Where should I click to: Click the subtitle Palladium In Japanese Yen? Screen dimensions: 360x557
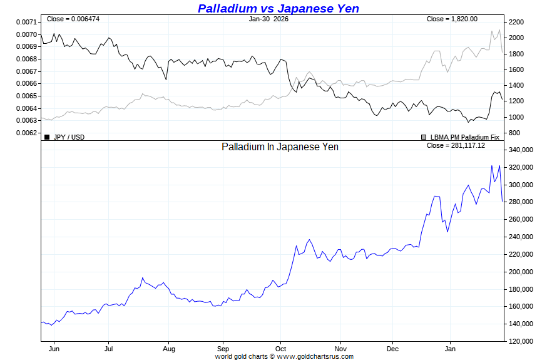click(280, 147)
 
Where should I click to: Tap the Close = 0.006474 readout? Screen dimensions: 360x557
click(73, 19)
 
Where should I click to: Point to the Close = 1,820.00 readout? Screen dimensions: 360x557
click(452, 19)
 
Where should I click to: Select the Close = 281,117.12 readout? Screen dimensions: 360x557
click(456, 145)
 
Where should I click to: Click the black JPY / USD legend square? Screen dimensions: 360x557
click(47, 136)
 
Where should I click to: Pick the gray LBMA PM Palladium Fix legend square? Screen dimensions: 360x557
click(424, 136)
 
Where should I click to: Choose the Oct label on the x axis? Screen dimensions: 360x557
click(280, 349)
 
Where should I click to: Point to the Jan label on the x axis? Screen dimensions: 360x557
click(449, 349)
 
